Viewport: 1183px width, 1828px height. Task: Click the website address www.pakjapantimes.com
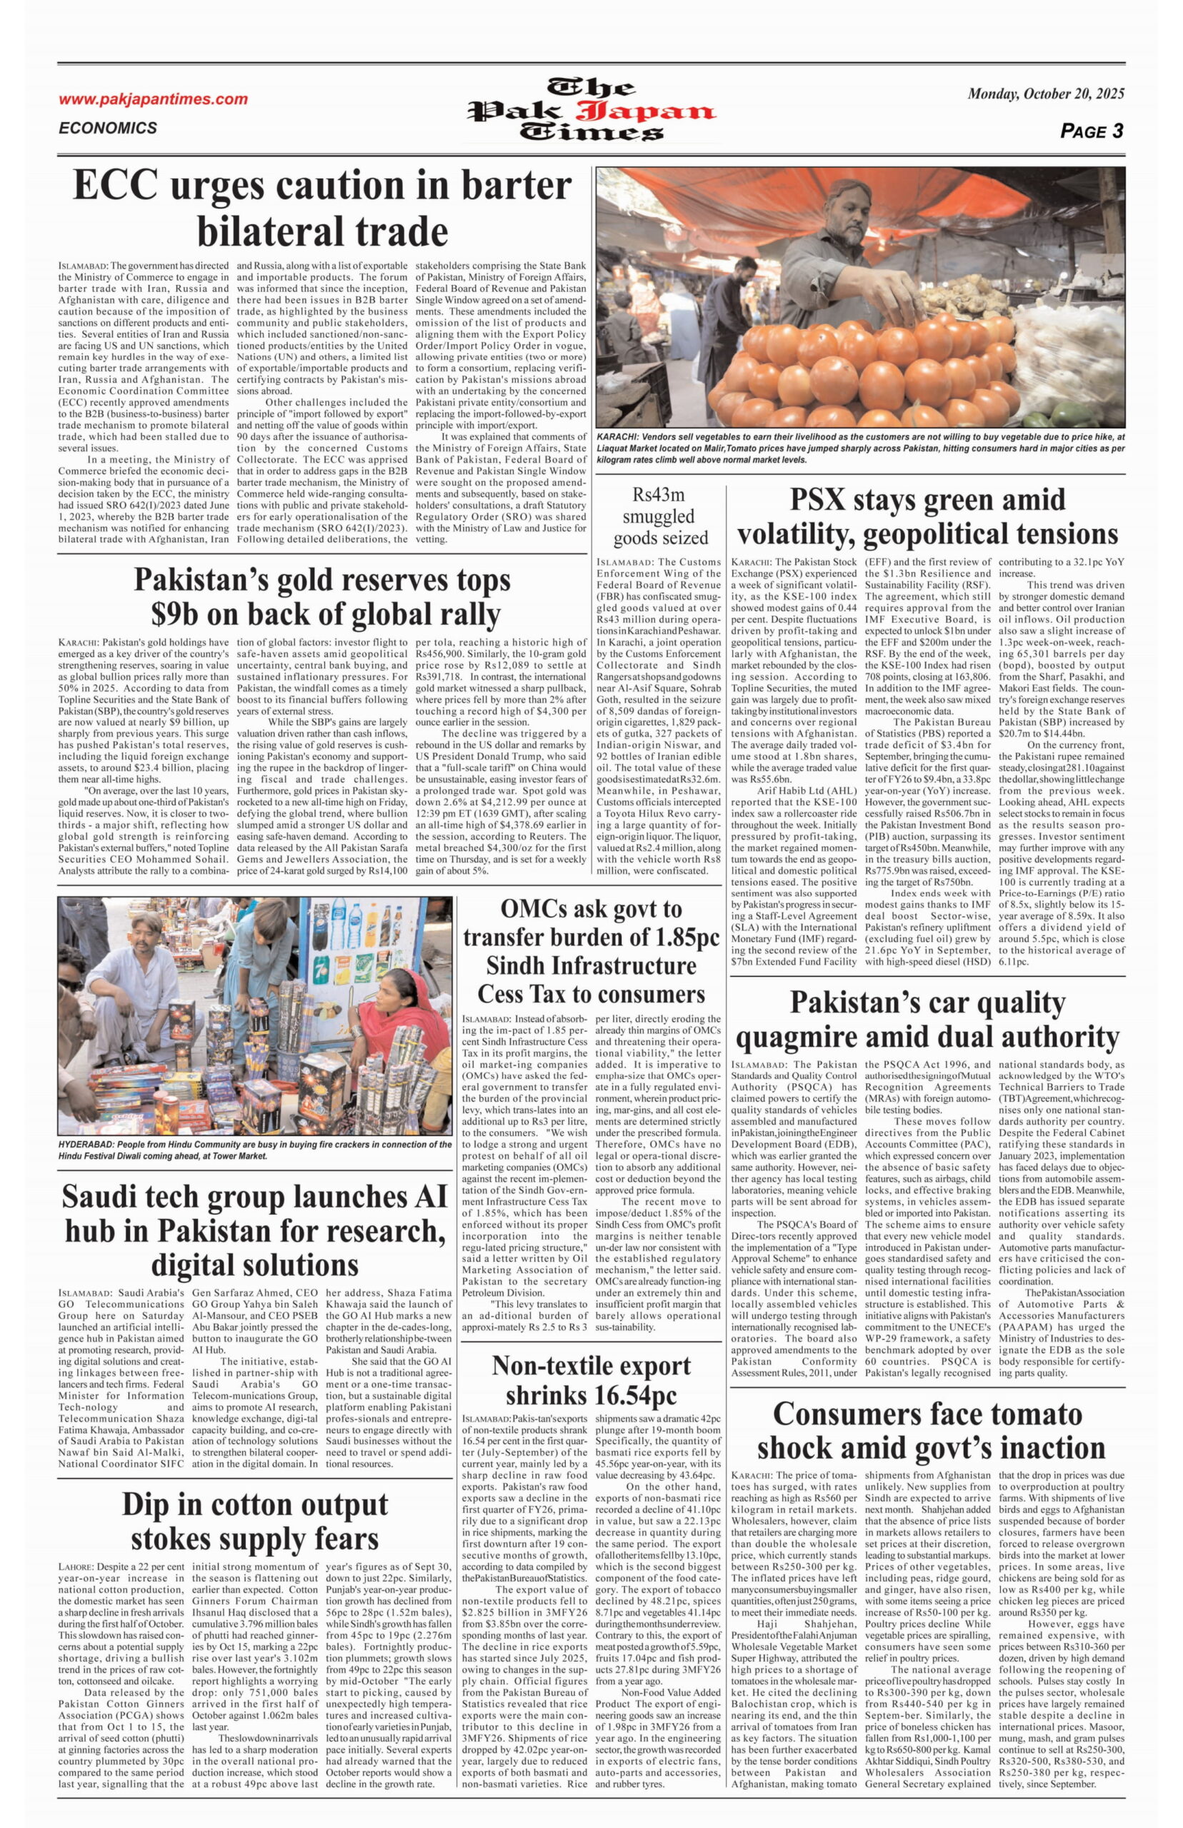coord(153,99)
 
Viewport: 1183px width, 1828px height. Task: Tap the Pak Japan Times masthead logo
coord(591,111)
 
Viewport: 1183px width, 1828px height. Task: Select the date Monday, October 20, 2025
coord(1046,94)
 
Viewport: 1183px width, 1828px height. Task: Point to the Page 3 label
coord(1091,131)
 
